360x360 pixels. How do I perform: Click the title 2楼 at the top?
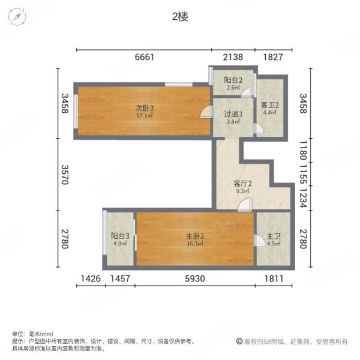pyautogui.click(x=180, y=17)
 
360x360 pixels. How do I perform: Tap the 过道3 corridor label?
pyautogui.click(x=233, y=114)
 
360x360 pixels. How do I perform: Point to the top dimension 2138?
pyautogui.click(x=233, y=58)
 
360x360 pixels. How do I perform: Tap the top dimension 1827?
pyautogui.click(x=273, y=58)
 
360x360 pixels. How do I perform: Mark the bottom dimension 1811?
pyautogui.click(x=273, y=278)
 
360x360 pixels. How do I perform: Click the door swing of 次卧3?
pyautogui.click(x=206, y=112)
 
